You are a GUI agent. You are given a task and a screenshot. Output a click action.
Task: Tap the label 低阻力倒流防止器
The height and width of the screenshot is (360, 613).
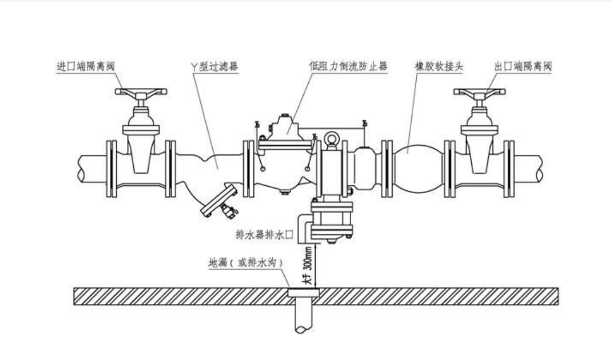348,66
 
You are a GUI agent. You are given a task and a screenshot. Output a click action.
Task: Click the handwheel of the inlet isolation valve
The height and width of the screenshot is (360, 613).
141,91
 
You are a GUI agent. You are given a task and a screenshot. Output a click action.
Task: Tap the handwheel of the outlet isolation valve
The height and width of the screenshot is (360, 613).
479,91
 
